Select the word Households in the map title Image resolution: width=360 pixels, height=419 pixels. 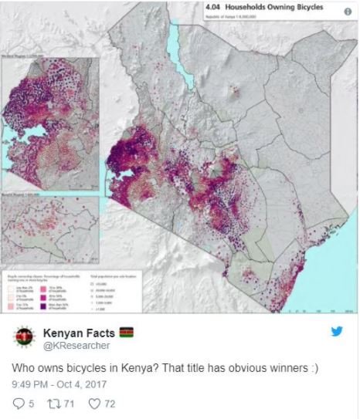pos(255,10)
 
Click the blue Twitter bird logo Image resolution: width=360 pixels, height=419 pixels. pos(337,332)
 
